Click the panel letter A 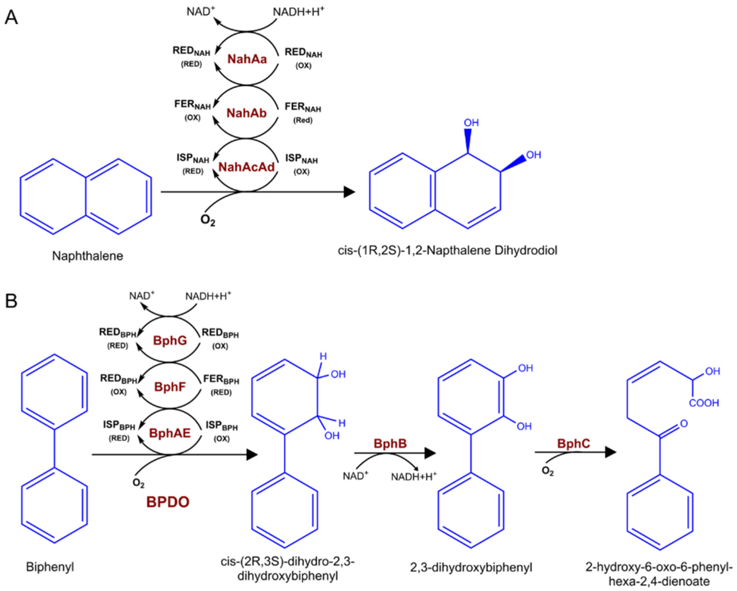pyautogui.click(x=11, y=17)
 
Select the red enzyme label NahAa pyautogui.click(x=247, y=59)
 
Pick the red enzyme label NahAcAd pyautogui.click(x=247, y=167)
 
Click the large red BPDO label pyautogui.click(x=168, y=502)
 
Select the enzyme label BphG pyautogui.click(x=170, y=340)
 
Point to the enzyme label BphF pyautogui.click(x=170, y=387)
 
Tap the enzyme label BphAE pyautogui.click(x=170, y=433)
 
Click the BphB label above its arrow pyautogui.click(x=390, y=444)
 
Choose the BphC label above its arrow pyautogui.click(x=574, y=444)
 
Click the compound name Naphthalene pyautogui.click(x=87, y=256)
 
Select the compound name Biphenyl pyautogui.click(x=50, y=567)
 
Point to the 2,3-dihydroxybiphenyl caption pyautogui.click(x=471, y=568)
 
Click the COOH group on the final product pyautogui.click(x=704, y=403)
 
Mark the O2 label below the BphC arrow pyautogui.click(x=548, y=471)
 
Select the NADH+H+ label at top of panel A pyautogui.click(x=298, y=12)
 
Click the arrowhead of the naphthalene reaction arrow pyautogui.click(x=349, y=192)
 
